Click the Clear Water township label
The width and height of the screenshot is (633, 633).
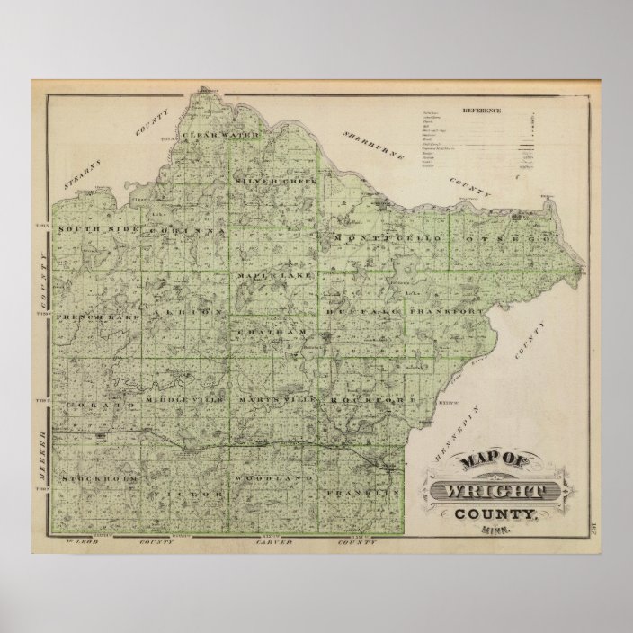[221, 136]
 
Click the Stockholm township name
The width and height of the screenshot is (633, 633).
[100, 480]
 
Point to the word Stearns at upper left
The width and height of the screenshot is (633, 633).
[81, 167]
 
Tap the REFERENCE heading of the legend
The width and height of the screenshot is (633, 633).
[481, 111]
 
